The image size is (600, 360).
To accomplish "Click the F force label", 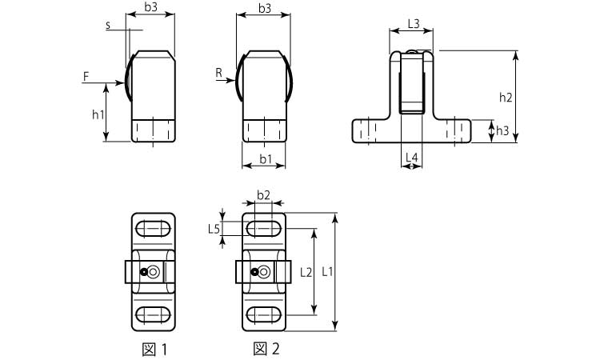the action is click(86, 77).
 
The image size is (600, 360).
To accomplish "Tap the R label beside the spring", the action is click(219, 73).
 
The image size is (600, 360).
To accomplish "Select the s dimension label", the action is click(108, 26).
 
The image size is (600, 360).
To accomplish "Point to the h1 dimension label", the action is click(98, 114).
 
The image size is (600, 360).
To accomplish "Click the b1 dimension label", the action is click(266, 158).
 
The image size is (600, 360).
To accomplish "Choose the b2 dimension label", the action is click(263, 195).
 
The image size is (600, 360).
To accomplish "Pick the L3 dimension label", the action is click(414, 24).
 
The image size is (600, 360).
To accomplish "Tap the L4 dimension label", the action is click(412, 157).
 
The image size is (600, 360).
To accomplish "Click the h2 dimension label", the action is click(506, 98).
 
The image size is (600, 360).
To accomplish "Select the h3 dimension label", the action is click(502, 131).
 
